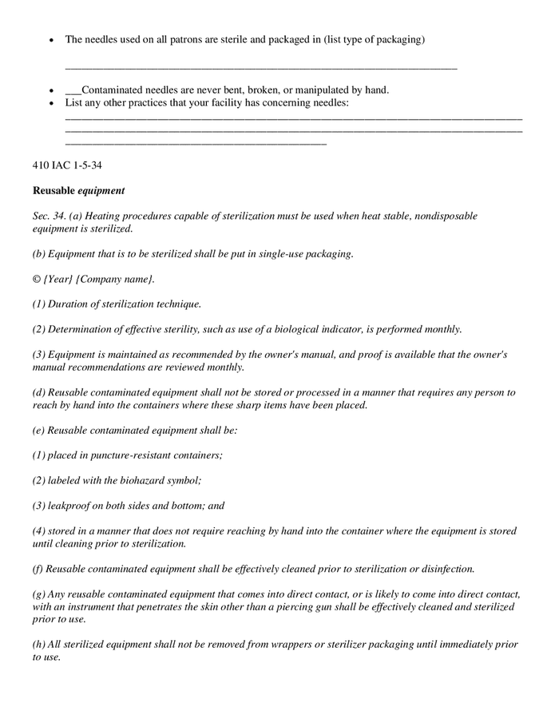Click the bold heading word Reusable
54,191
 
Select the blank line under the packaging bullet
260,67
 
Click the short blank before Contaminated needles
73,90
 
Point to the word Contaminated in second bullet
114,90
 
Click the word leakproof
69,505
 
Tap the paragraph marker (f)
38,569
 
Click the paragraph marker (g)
39,594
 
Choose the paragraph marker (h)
39,644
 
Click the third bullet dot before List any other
52,103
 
